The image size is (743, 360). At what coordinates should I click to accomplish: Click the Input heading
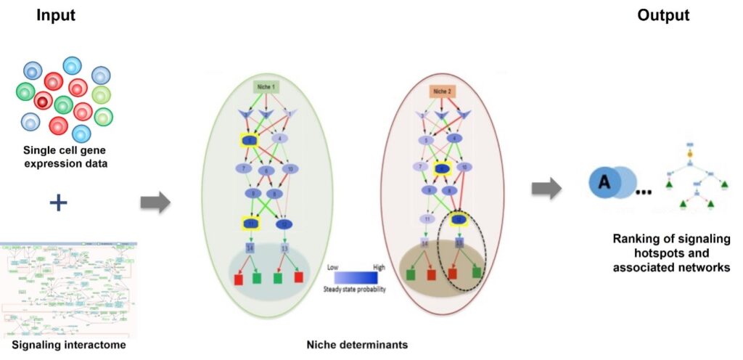tap(57, 16)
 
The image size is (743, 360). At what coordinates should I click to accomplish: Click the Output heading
tap(662, 16)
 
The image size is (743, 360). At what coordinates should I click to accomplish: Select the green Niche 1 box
tap(267, 88)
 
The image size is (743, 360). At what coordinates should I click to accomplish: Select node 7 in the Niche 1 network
tap(244, 168)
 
